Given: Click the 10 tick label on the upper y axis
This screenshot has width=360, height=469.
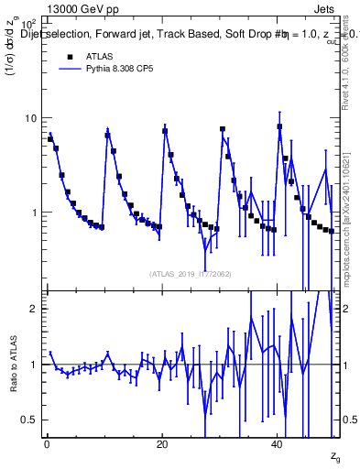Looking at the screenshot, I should [x=30, y=118].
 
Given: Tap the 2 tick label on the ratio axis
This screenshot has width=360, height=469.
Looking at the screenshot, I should [x=34, y=309].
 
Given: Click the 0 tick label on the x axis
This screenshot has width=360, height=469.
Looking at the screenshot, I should [x=47, y=444].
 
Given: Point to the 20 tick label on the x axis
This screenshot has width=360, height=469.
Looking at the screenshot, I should [x=162, y=444].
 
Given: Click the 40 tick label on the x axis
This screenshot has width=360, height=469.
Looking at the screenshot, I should [x=278, y=444].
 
